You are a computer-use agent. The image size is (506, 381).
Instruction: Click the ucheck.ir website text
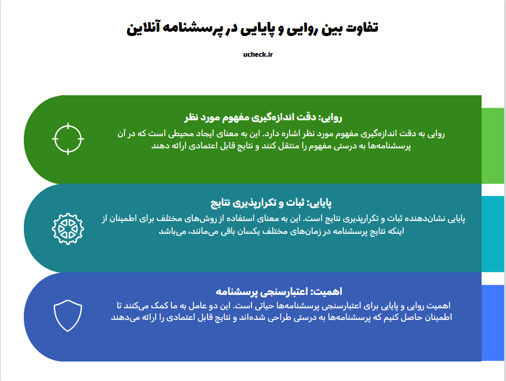point(258,54)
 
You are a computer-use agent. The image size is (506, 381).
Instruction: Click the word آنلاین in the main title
point(143,28)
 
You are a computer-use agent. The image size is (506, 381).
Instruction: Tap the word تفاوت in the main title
point(362,27)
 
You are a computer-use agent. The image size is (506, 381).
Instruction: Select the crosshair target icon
point(68,139)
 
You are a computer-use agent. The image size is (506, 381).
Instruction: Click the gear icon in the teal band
point(68,228)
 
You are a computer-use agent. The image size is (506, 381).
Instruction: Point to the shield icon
point(68,316)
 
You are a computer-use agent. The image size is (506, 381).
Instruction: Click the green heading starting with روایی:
point(263,117)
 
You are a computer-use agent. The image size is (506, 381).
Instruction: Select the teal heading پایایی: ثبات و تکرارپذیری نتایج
point(271,203)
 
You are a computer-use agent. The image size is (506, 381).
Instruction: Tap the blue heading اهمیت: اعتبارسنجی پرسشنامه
point(279,292)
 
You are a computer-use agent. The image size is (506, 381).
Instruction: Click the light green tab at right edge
point(493,145)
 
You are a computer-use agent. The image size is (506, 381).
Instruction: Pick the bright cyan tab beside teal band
point(493,234)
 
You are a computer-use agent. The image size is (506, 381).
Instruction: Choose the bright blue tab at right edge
point(493,322)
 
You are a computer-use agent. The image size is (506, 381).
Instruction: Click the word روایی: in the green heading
point(330,117)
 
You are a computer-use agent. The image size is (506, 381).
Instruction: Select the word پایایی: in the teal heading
point(319,203)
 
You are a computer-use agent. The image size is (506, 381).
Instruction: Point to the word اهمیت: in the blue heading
point(326,292)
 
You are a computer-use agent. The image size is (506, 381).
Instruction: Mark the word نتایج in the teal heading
point(220,203)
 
